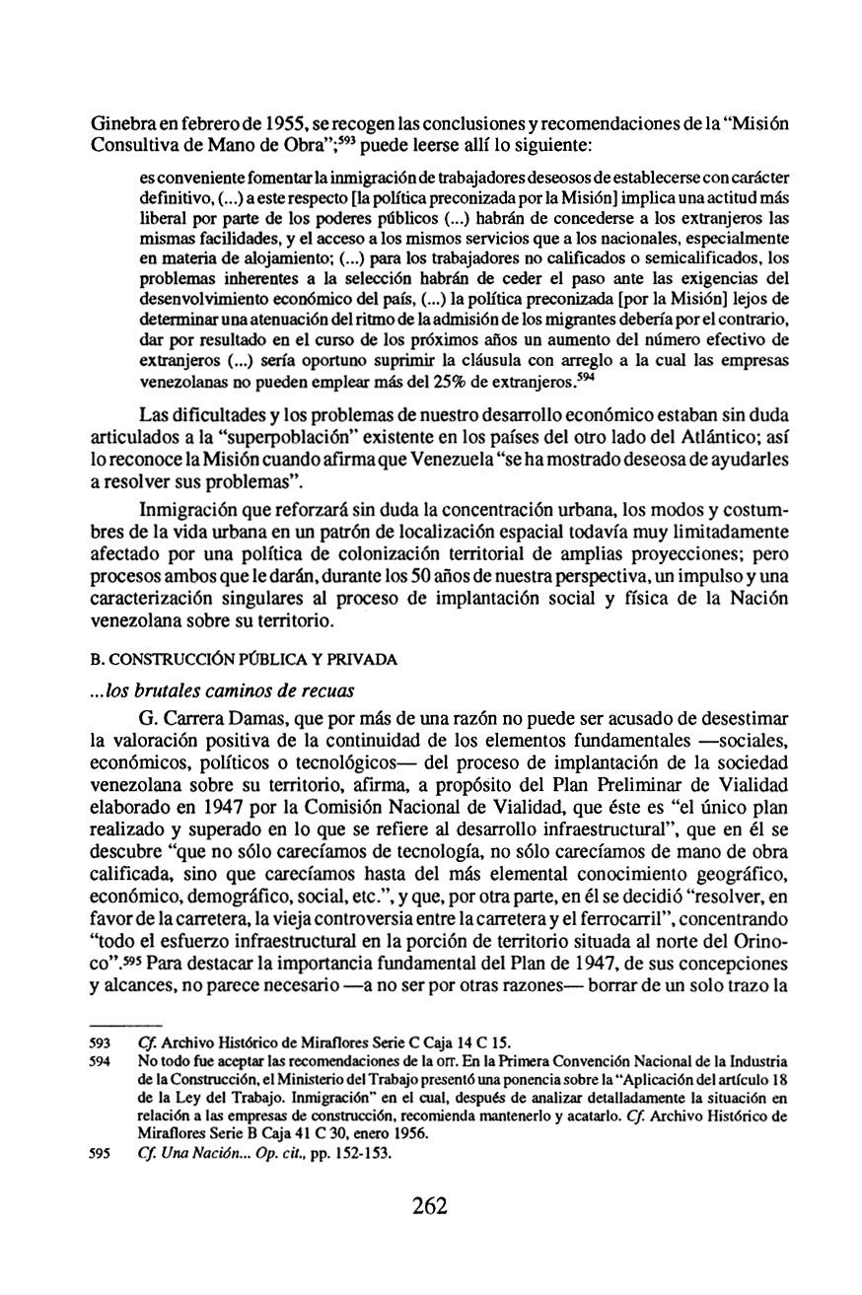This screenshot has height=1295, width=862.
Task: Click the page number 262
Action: pos(430,1205)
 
